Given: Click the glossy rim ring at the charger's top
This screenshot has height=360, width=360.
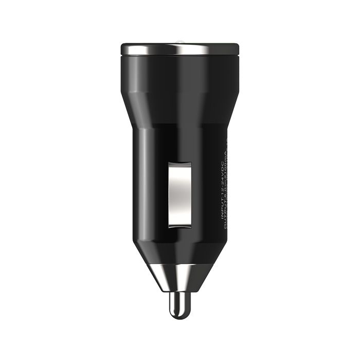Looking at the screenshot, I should [180, 49].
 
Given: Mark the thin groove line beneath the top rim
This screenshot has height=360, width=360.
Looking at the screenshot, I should [180, 56].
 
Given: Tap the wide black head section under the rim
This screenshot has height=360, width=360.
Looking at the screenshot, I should [180, 77].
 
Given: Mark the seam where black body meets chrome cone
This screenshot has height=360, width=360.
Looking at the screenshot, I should [180, 264].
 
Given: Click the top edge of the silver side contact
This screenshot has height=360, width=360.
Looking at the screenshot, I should [180, 163].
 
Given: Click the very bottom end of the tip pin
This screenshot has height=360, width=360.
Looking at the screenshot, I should [180, 315].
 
